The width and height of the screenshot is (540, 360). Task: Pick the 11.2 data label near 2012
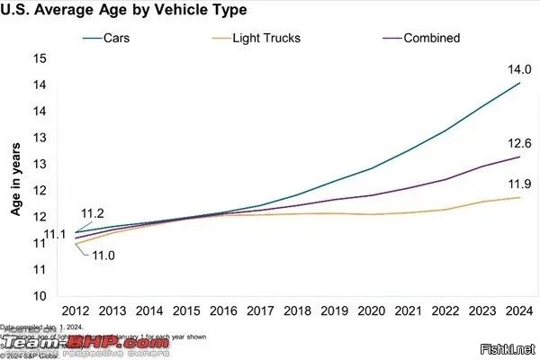pyautogui.click(x=93, y=213)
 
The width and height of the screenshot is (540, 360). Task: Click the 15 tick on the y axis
pyautogui.click(x=40, y=58)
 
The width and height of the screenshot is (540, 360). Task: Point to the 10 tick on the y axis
pyautogui.click(x=40, y=295)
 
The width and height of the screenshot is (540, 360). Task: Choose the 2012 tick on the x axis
pyautogui.click(x=75, y=310)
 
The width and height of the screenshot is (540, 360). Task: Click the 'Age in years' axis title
pyautogui.click(x=16, y=180)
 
